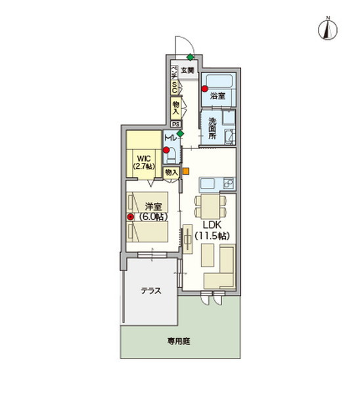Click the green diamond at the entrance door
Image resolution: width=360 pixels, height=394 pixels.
pos(190,57)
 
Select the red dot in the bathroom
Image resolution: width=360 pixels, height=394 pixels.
pos(205,89)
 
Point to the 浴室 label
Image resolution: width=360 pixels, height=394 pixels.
pos(218,96)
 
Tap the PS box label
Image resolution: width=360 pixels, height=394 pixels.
pos(175,123)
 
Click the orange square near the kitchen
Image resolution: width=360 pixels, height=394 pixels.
pos(186,172)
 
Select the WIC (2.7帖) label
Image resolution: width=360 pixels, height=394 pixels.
pos(143,162)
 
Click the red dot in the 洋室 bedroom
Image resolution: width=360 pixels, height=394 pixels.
pos(131,217)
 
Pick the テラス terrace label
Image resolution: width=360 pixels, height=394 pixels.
pos(151,290)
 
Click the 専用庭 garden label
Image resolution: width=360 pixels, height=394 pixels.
pos(177,341)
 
